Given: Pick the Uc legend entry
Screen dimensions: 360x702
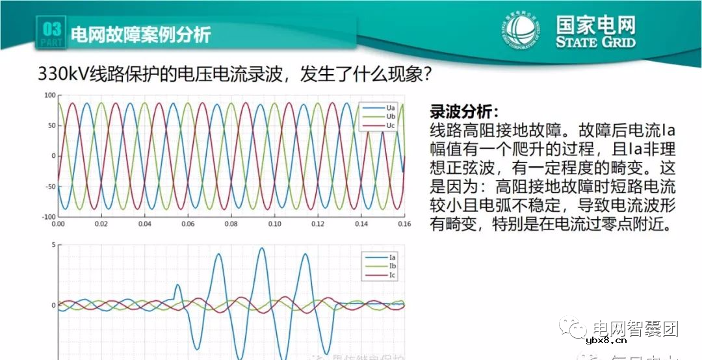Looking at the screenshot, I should (381, 125).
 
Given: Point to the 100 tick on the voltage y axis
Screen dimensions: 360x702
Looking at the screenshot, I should (49, 96).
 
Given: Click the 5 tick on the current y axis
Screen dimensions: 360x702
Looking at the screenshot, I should (53, 245).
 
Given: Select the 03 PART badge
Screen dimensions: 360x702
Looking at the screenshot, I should (52, 33).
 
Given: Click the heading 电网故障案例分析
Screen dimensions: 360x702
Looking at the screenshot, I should (140, 34).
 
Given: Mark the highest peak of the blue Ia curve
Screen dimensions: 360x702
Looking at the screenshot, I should (262, 248).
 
